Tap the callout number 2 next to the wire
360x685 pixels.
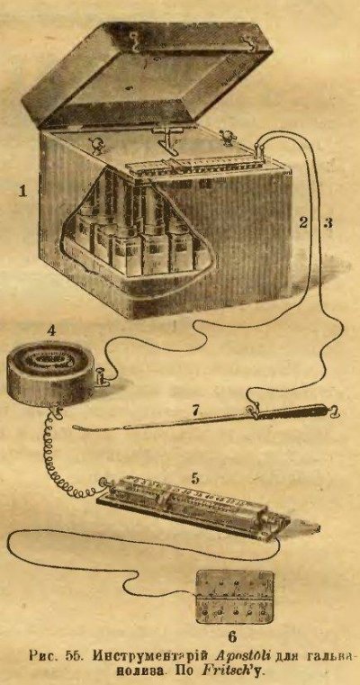click(303, 222)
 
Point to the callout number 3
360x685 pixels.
click(328, 222)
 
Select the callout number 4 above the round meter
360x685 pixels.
click(51, 330)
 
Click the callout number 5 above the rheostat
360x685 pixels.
click(195, 478)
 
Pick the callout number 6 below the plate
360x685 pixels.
click(232, 636)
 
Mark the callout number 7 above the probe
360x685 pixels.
click(196, 410)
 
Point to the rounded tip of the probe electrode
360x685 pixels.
click(76, 428)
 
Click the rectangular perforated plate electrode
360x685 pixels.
click(235, 597)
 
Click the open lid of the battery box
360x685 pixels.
click(147, 75)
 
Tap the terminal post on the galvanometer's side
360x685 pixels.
click(102, 376)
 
